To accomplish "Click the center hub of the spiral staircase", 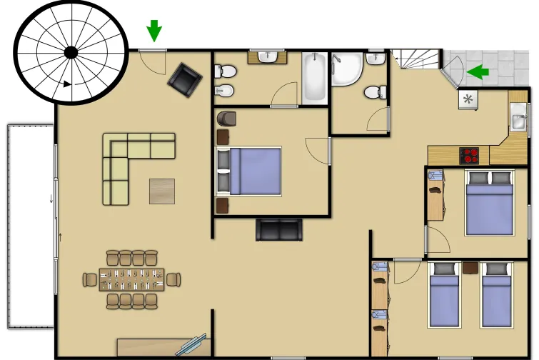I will pos(71,51).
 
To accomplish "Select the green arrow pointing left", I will pos(478,71).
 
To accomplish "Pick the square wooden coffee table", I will pos(161,191).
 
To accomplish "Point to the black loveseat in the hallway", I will pos(279,230).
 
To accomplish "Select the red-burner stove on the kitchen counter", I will pos(469,154).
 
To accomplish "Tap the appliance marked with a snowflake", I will pos(468,99).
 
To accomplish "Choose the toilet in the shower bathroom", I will pos(374,92).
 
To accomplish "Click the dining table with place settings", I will pos(133,279).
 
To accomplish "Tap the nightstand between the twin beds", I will pos(470,268).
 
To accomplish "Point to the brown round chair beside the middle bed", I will pos(227,118).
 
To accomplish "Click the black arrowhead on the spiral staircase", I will pos(67,84).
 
